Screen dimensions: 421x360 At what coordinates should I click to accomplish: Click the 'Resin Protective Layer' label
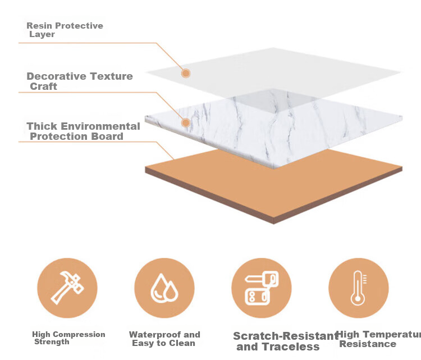pos(65,30)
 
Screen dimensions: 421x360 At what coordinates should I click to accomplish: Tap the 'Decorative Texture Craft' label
pos(80,81)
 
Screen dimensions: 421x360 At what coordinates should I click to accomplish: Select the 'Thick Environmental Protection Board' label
pos(83,131)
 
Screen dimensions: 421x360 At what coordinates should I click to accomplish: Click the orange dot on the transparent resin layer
pos(186,73)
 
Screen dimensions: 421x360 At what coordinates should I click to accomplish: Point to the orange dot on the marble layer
pos(186,123)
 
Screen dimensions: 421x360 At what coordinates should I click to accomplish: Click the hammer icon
pos(67,288)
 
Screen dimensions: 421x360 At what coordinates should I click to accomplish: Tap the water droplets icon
pos(164,288)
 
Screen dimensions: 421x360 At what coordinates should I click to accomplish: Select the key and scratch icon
pos(262,288)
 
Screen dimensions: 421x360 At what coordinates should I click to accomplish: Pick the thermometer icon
pos(359,288)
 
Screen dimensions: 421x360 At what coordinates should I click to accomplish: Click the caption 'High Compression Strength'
pos(68,338)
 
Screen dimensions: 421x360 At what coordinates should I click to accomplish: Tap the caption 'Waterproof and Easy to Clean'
pos(164,339)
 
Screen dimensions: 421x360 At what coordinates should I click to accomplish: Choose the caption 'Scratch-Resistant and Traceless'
pos(285,341)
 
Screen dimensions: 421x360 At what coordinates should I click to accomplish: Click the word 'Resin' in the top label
pos(39,26)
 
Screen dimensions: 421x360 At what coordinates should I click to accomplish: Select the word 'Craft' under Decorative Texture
pos(43,86)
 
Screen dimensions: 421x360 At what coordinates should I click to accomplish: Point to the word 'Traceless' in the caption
pos(291,347)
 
